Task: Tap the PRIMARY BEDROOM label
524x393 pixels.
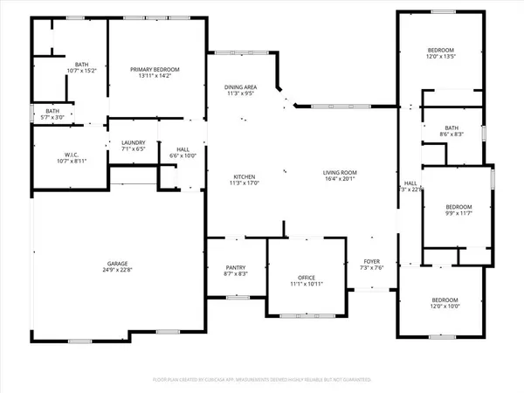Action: (155, 69)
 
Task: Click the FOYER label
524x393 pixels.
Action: (372, 261)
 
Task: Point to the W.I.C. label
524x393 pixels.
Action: (63, 155)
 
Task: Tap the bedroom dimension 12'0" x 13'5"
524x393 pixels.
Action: (442, 57)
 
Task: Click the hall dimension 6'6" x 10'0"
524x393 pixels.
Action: (177, 155)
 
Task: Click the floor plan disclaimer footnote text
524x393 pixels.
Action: (262, 380)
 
